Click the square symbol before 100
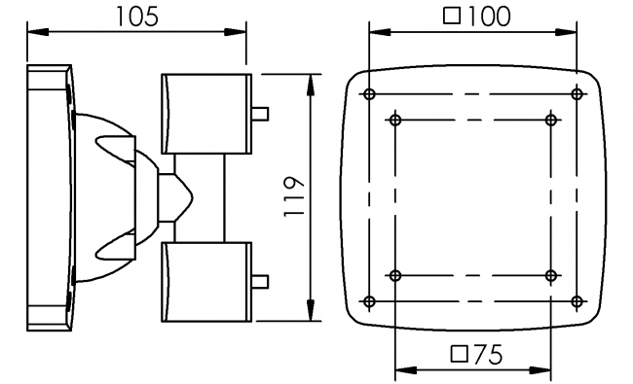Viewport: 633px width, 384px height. pyautogui.click(x=452, y=16)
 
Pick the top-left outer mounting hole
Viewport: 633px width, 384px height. pyautogui.click(x=368, y=94)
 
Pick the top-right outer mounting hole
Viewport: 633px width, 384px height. pyautogui.click(x=577, y=94)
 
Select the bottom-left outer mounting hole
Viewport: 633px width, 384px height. pyautogui.click(x=368, y=300)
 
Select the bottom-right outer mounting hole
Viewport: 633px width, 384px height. pyautogui.click(x=577, y=300)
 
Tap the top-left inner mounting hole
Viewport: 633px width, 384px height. pyautogui.click(x=394, y=120)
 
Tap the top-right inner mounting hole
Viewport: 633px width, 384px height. pyautogui.click(x=551, y=120)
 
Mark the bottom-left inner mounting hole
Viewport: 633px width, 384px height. pyautogui.click(x=394, y=276)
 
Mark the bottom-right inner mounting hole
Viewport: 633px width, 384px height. pyautogui.click(x=551, y=276)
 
